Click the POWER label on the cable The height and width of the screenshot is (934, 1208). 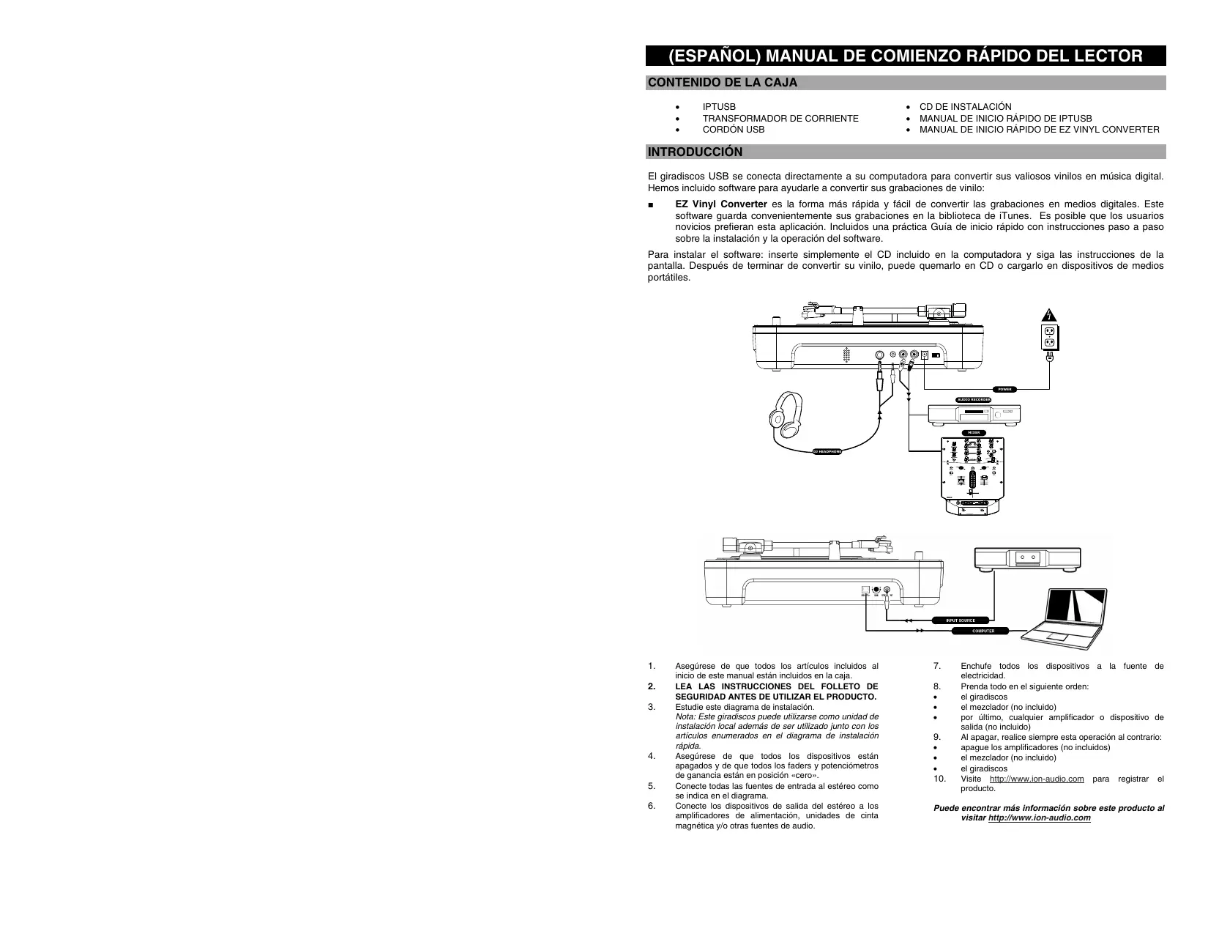pyautogui.click(x=1005, y=389)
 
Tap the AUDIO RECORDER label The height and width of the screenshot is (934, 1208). pyautogui.click(x=974, y=399)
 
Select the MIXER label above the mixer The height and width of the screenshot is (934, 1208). pyautogui.click(x=973, y=433)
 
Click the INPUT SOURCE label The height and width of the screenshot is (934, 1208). pyautogui.click(x=960, y=620)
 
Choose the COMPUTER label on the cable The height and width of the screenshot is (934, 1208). pyautogui.click(x=983, y=631)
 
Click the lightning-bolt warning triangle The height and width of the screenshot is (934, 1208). pyautogui.click(x=1049, y=316)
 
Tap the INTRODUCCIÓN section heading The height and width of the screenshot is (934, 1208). pyautogui.click(x=695, y=152)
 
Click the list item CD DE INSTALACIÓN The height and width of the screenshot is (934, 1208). pyautogui.click(x=965, y=107)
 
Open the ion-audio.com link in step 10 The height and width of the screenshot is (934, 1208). pyautogui.click(x=1036, y=779)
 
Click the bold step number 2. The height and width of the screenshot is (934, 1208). pyautogui.click(x=652, y=686)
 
